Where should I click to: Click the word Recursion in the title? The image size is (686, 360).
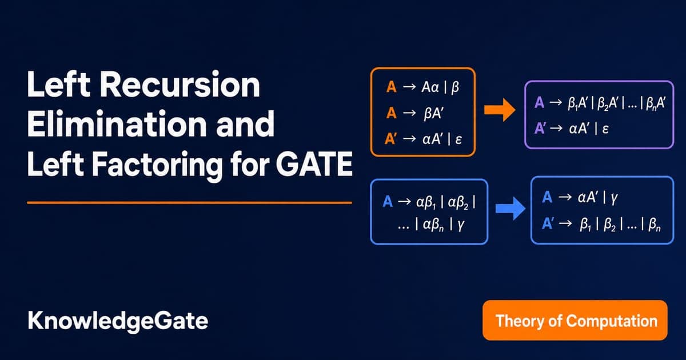point(180,85)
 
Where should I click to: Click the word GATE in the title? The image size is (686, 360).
point(314,164)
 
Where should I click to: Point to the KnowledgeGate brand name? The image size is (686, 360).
point(118,321)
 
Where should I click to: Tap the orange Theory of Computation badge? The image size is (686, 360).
point(575,321)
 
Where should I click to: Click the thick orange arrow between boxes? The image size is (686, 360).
point(500,110)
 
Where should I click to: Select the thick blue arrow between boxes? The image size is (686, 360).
point(510,209)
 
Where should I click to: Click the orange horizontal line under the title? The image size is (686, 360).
point(190,203)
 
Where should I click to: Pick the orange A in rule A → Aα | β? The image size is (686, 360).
point(392,87)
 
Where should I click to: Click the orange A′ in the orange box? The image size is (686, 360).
point(391,139)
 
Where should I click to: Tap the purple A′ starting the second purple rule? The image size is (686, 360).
point(540,128)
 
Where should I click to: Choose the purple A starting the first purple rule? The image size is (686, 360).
point(539,102)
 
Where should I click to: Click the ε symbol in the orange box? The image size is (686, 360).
point(458,140)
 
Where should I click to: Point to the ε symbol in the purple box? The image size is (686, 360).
point(605,130)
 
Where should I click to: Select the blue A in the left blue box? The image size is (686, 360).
point(388,202)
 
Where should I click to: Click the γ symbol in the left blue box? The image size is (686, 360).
point(461,226)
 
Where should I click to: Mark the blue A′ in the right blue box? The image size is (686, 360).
point(548,223)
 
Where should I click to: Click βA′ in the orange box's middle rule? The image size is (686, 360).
point(433,114)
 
